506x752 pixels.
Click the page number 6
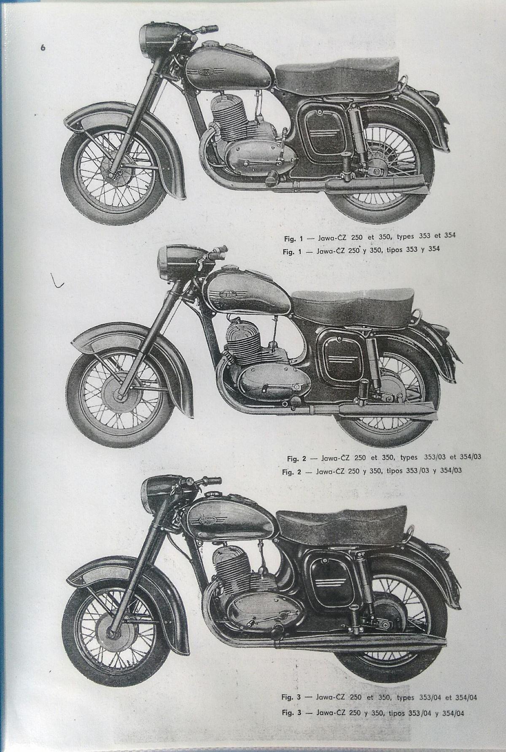coord(43,47)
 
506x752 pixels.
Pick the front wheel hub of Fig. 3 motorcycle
coord(113,631)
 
